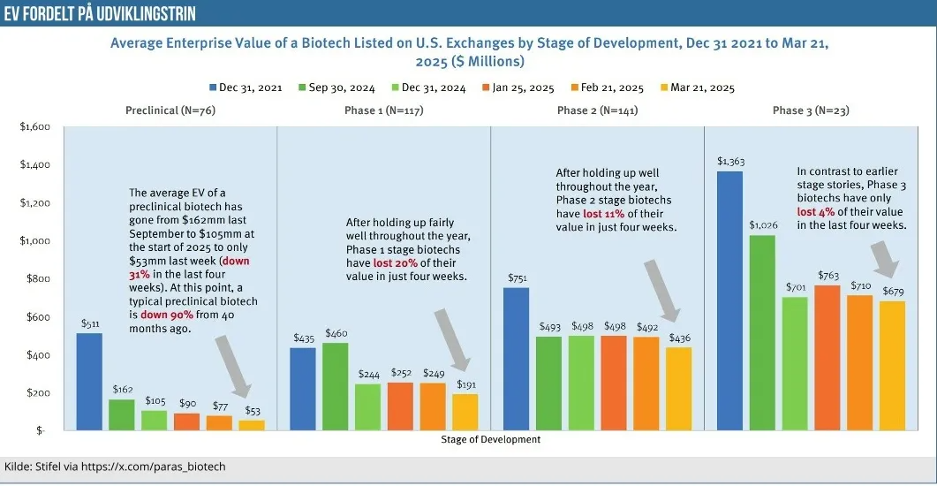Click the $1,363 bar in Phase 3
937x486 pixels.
coord(729,300)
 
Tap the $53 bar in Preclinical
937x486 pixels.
coord(252,425)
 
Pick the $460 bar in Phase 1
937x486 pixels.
coord(336,386)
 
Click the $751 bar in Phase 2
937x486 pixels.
coord(517,359)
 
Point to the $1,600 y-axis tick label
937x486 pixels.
coord(35,127)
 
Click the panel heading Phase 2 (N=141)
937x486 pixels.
coord(597,110)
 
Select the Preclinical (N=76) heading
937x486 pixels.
coord(171,110)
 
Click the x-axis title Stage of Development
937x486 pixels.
coord(489,439)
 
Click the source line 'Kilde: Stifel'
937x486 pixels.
coord(121,466)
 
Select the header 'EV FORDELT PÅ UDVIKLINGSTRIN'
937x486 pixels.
coord(99,13)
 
